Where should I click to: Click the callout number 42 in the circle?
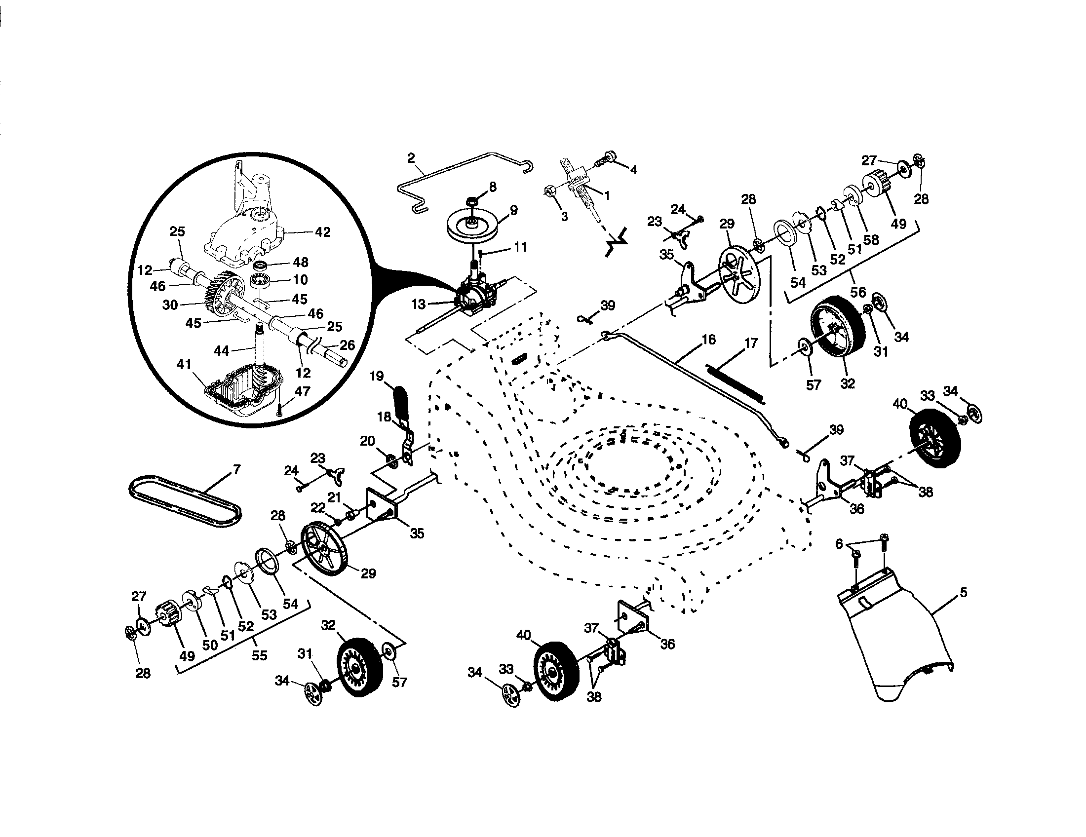tap(323, 232)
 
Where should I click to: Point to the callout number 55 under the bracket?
tap(259, 655)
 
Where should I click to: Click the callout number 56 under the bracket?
tap(858, 292)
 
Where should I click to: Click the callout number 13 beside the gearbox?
tap(419, 304)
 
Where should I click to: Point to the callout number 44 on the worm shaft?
tap(222, 351)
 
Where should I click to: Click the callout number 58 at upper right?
tap(871, 240)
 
